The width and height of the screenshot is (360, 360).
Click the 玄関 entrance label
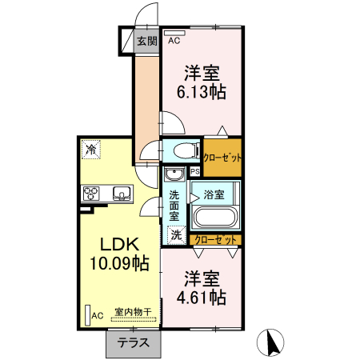(145, 42)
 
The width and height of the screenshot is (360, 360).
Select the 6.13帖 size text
(202, 92)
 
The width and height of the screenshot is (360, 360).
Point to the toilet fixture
(184, 150)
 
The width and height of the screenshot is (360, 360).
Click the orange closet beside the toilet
(222, 158)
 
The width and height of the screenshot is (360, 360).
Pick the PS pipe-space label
(194, 171)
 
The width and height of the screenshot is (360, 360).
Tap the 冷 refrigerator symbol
(91, 149)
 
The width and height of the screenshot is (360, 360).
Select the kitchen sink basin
(122, 193)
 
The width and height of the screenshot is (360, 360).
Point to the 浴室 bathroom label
(214, 194)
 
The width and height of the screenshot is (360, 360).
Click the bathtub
(214, 218)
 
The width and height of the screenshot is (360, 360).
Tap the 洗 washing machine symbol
(176, 235)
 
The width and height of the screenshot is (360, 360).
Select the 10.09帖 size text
(118, 262)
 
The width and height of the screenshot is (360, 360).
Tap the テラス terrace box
(134, 342)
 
